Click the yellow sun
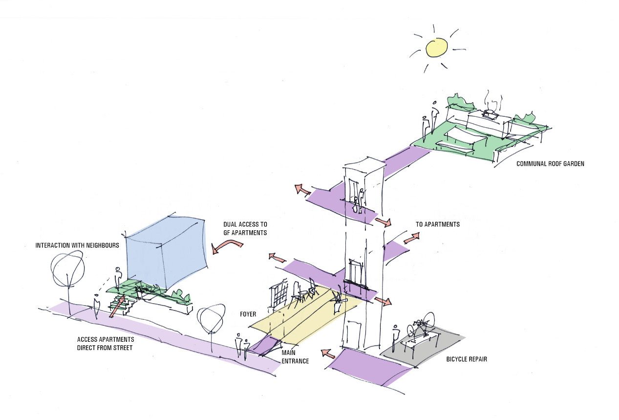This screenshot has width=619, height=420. pyautogui.click(x=436, y=47)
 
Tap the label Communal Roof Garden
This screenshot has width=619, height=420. pyautogui.click(x=550, y=164)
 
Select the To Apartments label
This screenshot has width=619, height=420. pyautogui.click(x=437, y=224)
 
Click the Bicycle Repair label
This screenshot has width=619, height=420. pyautogui.click(x=467, y=359)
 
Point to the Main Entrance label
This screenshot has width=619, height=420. pyautogui.click(x=295, y=357)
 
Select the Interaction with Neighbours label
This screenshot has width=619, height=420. pyautogui.click(x=77, y=245)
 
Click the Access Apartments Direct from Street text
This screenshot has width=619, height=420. pyautogui.click(x=106, y=344)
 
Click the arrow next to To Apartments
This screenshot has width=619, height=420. pyautogui.click(x=411, y=238)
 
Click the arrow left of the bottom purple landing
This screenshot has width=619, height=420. pyautogui.click(x=327, y=353)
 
